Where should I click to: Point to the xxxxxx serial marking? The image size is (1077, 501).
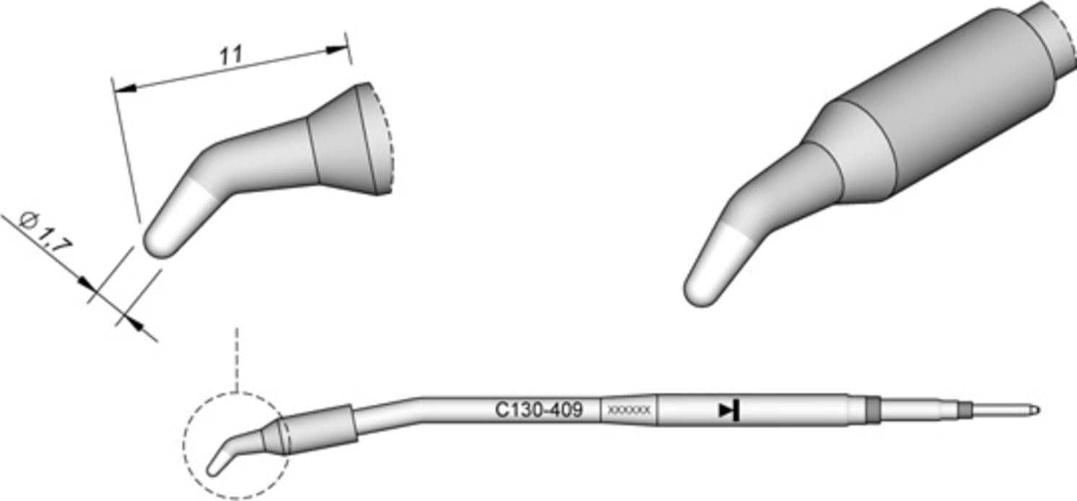(x=630, y=411)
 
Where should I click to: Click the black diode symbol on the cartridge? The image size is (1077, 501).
(x=728, y=411)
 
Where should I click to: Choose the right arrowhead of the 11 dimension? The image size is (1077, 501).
(x=337, y=50)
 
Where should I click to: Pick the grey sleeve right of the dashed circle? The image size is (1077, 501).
(x=322, y=427)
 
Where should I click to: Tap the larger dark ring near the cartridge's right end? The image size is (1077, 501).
(x=873, y=408)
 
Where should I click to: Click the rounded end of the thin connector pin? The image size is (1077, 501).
(x=1037, y=410)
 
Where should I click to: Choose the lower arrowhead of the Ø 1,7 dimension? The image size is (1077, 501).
(x=130, y=320)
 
